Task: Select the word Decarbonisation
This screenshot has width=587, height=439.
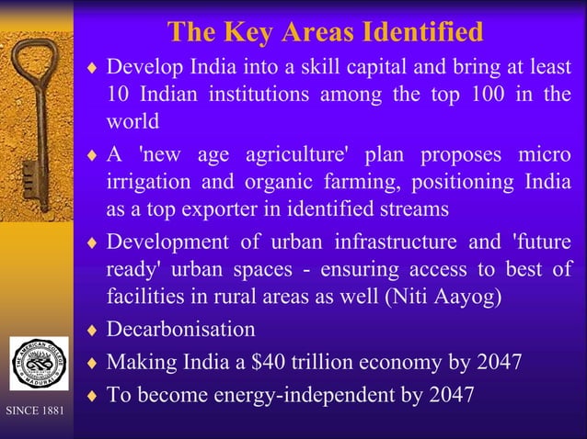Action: click(181, 329)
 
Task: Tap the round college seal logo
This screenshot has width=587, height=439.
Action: click(38, 365)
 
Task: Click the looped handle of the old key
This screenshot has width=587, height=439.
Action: click(34, 63)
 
